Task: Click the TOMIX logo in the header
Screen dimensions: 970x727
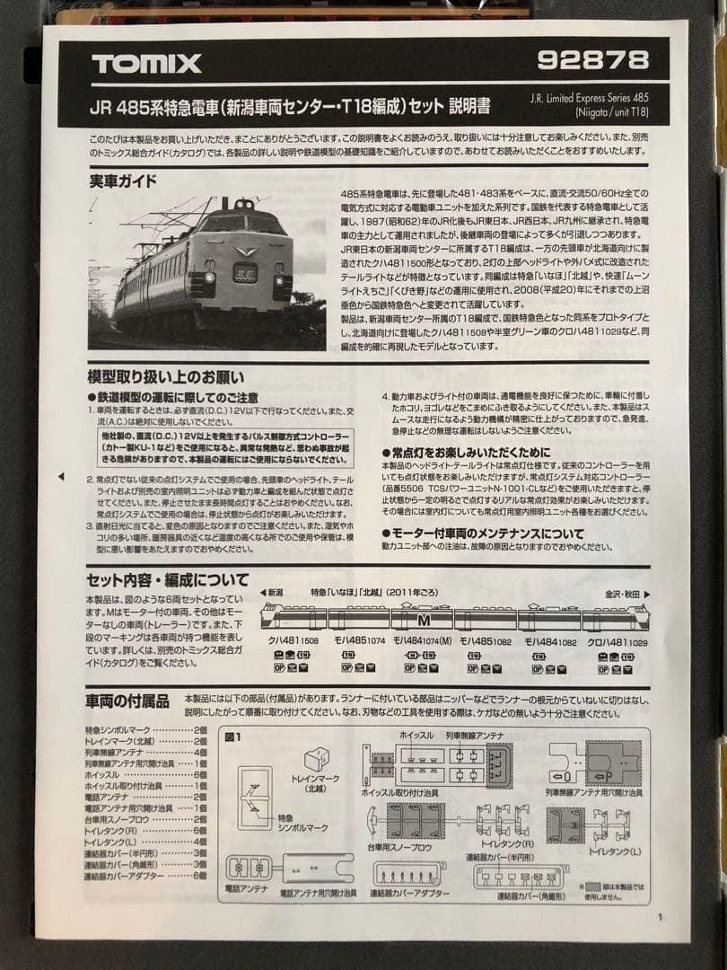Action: [x=145, y=64]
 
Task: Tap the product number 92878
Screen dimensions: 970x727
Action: [x=591, y=60]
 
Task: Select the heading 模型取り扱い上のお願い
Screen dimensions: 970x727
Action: [x=165, y=377]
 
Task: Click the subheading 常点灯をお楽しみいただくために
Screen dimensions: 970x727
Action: [x=466, y=452]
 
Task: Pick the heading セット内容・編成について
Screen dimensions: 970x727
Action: [x=167, y=579]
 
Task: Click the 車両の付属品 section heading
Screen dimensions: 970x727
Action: [x=127, y=701]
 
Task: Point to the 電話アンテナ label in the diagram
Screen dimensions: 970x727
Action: [x=242, y=887]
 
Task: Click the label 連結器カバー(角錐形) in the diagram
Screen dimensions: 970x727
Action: [x=533, y=895]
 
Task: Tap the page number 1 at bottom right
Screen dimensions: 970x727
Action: [x=660, y=917]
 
